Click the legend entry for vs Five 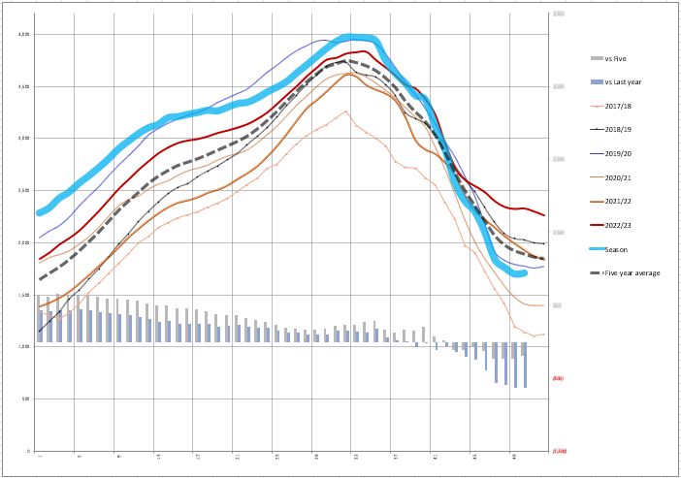pyautogui.click(x=615, y=59)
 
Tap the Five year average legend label pyautogui.click(x=631, y=272)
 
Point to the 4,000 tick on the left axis pyautogui.click(x=24, y=35)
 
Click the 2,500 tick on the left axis pyautogui.click(x=24, y=191)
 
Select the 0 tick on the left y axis pyautogui.click(x=29, y=451)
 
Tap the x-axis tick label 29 pyautogui.click(x=315, y=456)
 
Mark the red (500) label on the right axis pyautogui.click(x=559, y=377)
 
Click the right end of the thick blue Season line pyautogui.click(x=525, y=274)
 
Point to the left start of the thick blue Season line pyautogui.click(x=40, y=212)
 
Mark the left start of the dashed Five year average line pyautogui.click(x=40, y=279)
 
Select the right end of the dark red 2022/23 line pyautogui.click(x=544, y=215)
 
